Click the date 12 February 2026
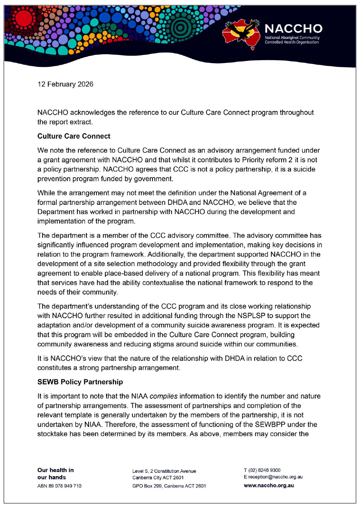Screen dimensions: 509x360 pyautogui.click(x=65, y=84)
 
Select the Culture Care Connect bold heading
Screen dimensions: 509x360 pyautogui.click(x=74, y=136)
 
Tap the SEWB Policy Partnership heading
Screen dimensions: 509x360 pyautogui.click(x=80, y=382)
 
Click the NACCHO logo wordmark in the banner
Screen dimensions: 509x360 pyautogui.click(x=293, y=29)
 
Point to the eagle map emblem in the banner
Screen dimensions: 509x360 pyautogui.click(x=241, y=33)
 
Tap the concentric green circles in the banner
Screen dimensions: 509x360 pyautogui.click(x=181, y=27)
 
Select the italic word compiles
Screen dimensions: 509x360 pyautogui.click(x=163, y=396)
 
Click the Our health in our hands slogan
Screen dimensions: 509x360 pyautogui.click(x=55, y=473)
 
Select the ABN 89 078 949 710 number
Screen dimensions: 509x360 pyautogui.click(x=59, y=486)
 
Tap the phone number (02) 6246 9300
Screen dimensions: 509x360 pyautogui.click(x=264, y=470)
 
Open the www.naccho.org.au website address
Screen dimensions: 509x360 pyautogui.click(x=269, y=485)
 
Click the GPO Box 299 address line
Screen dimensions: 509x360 pyautogui.click(x=169, y=486)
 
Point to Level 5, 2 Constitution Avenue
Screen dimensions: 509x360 pyautogui.click(x=164, y=471)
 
